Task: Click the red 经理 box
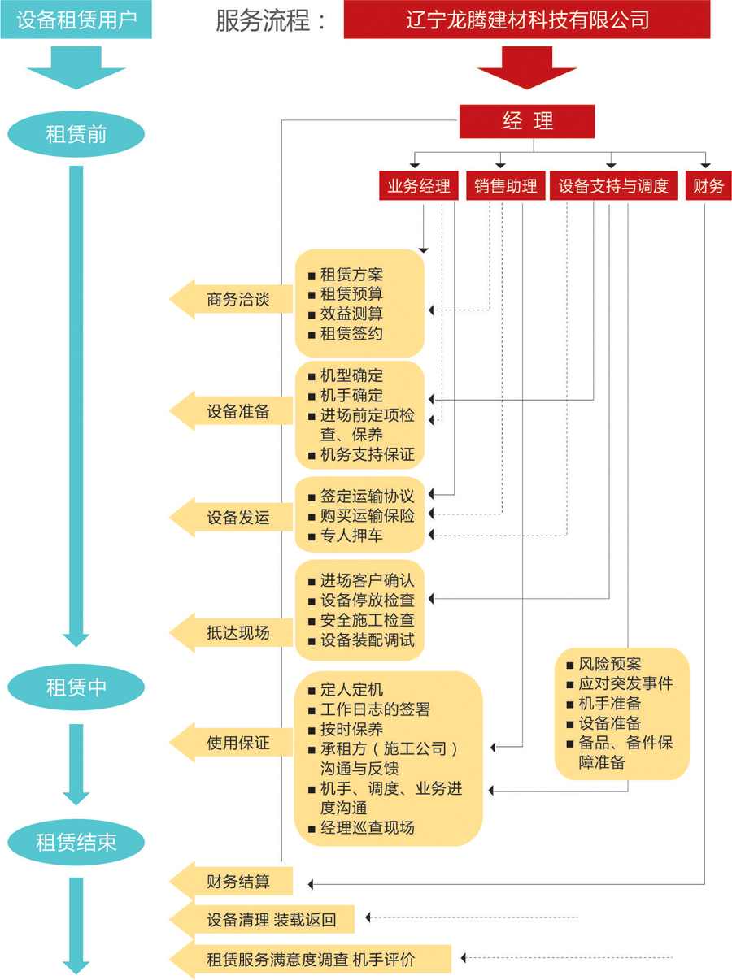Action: point(527,121)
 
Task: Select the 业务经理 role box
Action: point(419,186)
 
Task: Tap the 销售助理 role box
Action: point(506,186)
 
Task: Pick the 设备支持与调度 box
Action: point(613,186)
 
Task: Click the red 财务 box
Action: point(708,186)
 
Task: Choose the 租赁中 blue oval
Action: point(76,687)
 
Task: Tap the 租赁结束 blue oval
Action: point(76,842)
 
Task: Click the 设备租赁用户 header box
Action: point(76,20)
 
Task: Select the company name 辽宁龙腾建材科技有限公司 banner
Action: point(527,20)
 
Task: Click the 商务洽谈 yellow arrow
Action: point(232,299)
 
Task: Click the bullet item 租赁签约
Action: point(351,334)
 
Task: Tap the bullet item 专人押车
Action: point(351,536)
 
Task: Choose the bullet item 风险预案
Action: point(610,664)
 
